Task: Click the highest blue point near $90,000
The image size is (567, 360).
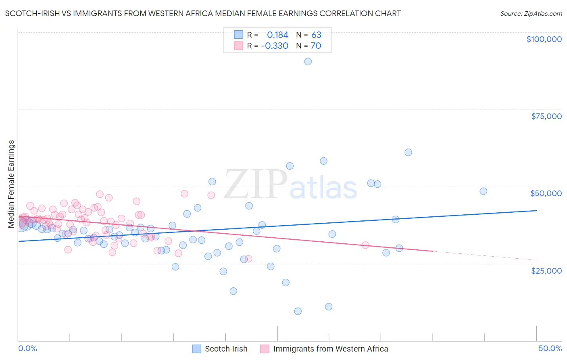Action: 308,61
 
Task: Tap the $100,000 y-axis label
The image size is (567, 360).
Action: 544,39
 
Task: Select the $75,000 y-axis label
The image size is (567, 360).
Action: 546,116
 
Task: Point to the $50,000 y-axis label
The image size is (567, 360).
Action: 546,193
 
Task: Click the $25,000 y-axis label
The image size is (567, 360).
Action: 546,271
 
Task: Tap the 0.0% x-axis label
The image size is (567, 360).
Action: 27,349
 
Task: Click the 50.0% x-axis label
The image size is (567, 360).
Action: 550,349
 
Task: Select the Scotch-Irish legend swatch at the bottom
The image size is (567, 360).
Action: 196,349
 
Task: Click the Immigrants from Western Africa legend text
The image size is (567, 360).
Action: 331,349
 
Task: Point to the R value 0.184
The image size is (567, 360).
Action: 277,35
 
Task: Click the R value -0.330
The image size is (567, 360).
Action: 275,46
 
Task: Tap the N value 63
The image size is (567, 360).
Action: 316,35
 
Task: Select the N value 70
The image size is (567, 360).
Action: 316,46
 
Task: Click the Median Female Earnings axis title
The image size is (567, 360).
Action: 11,184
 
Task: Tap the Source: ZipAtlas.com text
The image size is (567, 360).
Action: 531,14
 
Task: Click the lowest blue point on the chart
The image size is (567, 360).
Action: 298,311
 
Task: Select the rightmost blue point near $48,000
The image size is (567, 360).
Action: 483,191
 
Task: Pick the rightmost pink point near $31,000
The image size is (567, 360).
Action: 365,245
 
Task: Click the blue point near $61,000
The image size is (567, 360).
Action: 408,152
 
